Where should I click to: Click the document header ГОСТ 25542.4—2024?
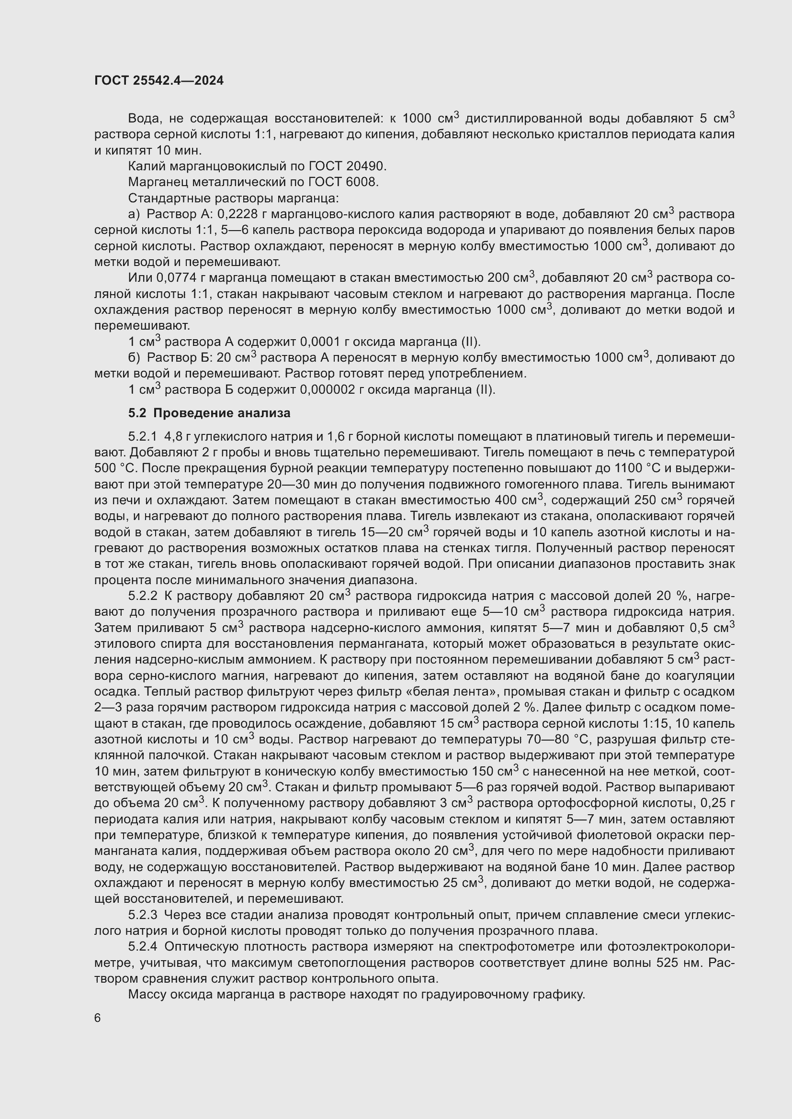pos(159,80)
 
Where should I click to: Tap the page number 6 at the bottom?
pos(98,1019)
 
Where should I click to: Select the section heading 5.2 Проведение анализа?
pos(209,413)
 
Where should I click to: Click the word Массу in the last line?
pos(145,995)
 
